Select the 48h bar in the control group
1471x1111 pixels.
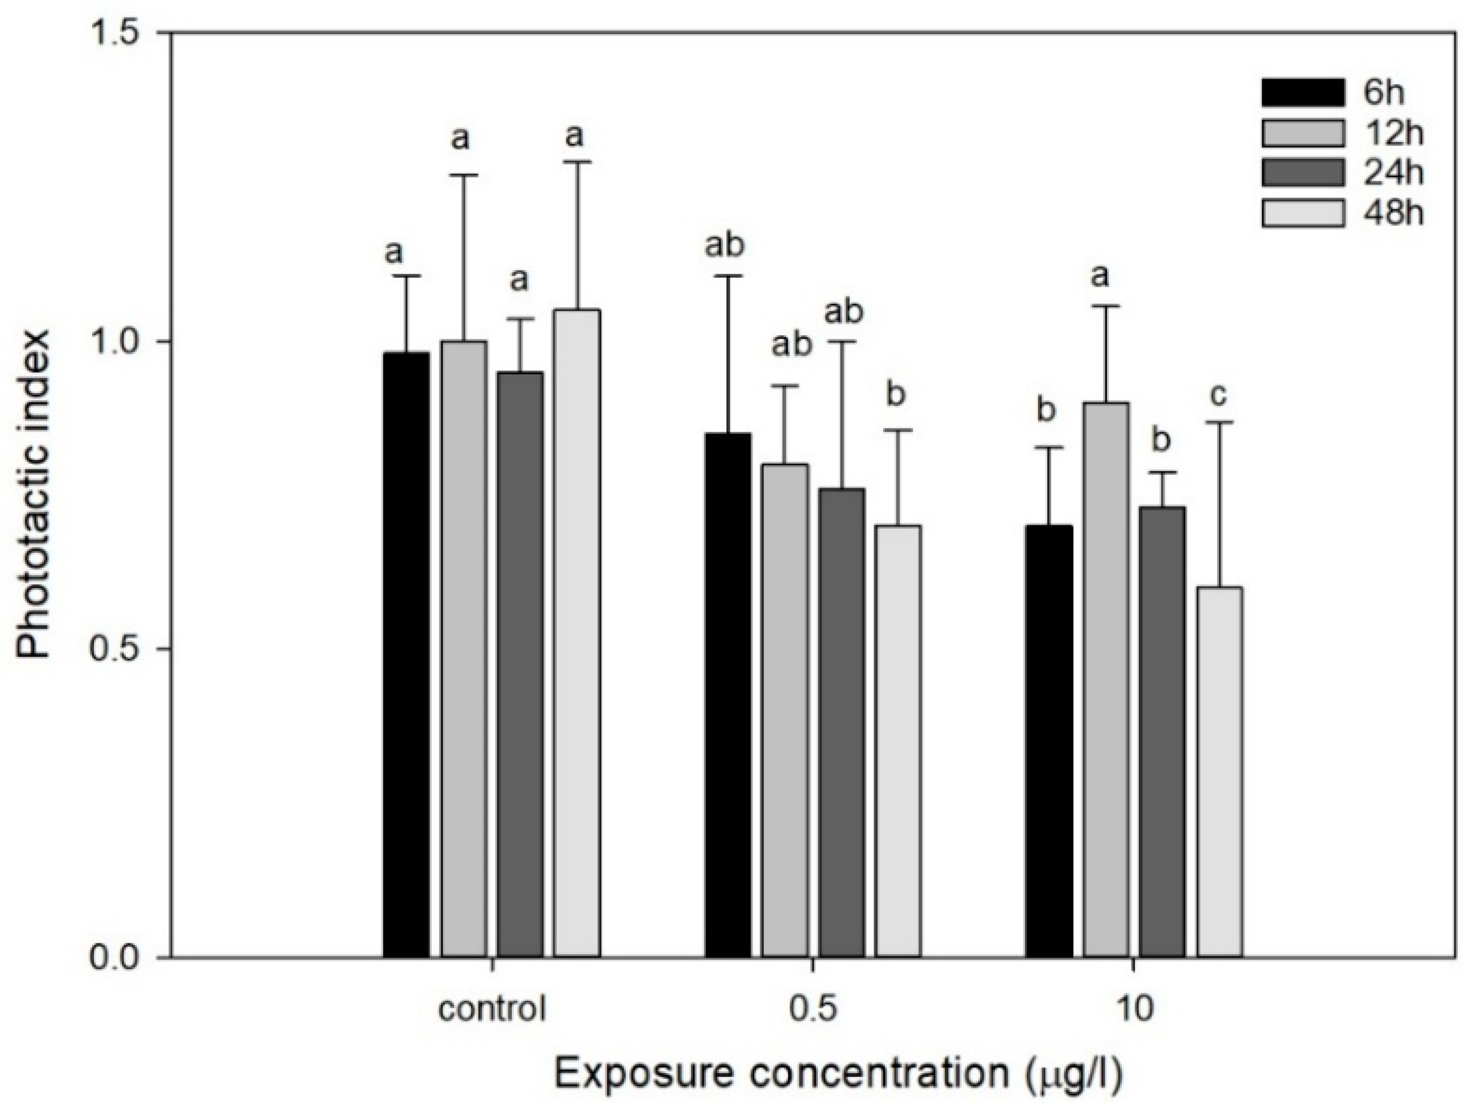[x=577, y=632]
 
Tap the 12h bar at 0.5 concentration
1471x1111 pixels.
[x=785, y=710]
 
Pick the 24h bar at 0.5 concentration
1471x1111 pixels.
[x=842, y=722]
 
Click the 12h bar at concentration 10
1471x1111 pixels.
[x=1106, y=679]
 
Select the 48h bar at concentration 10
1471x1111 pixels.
[x=1220, y=772]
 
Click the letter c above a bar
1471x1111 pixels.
[x=1218, y=395]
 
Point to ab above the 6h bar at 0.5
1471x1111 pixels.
[x=725, y=246]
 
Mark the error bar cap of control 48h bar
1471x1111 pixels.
[x=577, y=161]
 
